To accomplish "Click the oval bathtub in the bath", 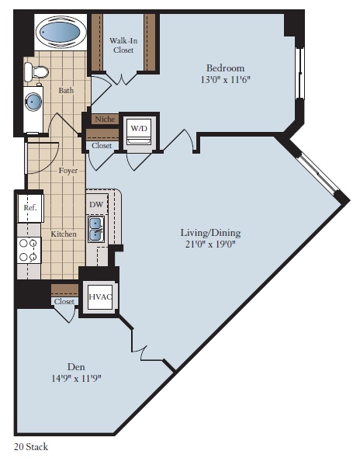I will [x=59, y=33].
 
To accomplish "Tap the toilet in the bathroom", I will [x=36, y=73].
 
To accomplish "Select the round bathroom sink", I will [x=33, y=101].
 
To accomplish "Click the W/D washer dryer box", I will [x=140, y=128].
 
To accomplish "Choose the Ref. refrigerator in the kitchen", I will [x=29, y=208].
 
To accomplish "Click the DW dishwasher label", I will [x=97, y=204].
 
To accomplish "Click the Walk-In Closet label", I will [x=124, y=44].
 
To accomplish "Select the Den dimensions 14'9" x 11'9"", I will [x=76, y=379].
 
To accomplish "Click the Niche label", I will [x=103, y=120].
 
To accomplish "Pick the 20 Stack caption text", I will [x=31, y=447].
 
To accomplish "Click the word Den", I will [x=76, y=366].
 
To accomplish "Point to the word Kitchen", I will [x=64, y=234].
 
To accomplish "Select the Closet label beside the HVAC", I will [x=65, y=301].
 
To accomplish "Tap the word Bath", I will [x=66, y=91].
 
